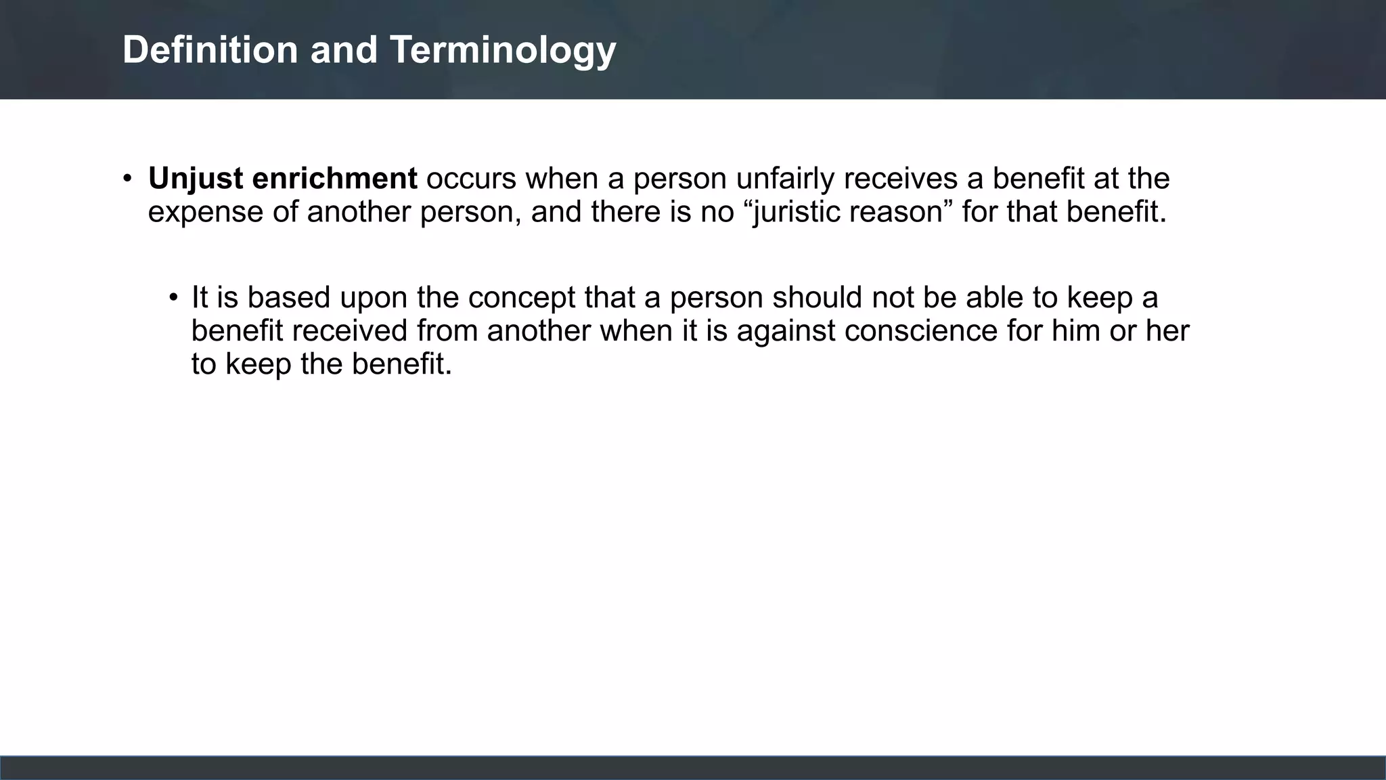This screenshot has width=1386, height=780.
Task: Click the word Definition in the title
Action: [x=210, y=50]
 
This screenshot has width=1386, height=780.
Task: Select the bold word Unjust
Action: [x=196, y=179]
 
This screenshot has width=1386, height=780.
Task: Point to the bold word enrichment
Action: [x=334, y=179]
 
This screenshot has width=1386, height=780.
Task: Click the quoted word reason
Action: [x=900, y=212]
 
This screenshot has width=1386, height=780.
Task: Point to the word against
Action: [x=786, y=331]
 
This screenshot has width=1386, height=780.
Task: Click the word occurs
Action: [x=471, y=179]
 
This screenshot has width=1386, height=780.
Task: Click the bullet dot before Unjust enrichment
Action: [x=127, y=179]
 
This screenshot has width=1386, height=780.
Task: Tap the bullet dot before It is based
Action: [x=173, y=298]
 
